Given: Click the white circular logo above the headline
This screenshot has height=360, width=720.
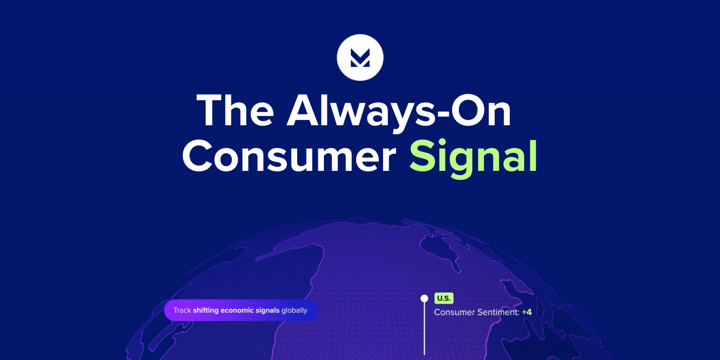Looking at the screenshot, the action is [x=360, y=58].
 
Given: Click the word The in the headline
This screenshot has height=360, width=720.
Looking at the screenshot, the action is [x=235, y=110].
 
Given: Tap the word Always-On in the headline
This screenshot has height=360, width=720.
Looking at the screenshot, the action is [x=399, y=112].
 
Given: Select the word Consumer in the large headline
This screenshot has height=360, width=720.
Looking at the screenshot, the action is [x=289, y=156].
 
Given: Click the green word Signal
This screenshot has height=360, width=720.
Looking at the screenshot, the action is [x=473, y=158].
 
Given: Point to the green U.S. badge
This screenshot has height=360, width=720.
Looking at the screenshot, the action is [x=444, y=298].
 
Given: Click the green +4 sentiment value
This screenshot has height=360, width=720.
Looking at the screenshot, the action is [x=527, y=312].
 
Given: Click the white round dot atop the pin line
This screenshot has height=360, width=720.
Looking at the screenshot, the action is [x=424, y=299].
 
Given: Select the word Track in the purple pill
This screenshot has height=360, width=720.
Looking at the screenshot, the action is [x=182, y=310].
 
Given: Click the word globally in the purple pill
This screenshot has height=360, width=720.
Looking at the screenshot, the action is [x=294, y=311].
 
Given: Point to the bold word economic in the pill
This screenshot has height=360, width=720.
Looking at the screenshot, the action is [x=237, y=310].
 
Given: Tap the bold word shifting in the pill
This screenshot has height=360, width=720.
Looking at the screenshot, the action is [x=206, y=311].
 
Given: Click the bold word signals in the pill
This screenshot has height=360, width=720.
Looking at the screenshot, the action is [x=267, y=311].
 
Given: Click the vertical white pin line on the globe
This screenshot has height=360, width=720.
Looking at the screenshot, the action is [x=424, y=328].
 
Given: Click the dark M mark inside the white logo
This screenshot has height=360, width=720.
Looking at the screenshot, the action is [x=360, y=58].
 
